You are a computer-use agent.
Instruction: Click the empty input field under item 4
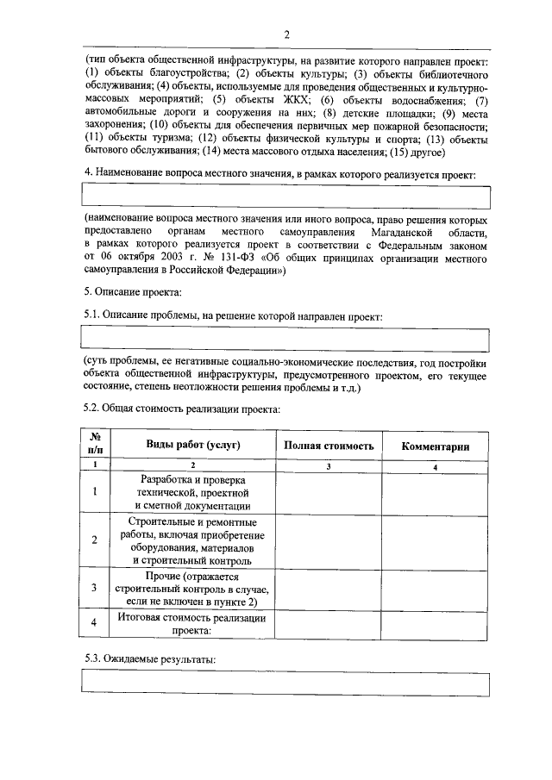(285, 197)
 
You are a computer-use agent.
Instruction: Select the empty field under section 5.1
(285, 338)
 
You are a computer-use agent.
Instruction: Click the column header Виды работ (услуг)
(191, 445)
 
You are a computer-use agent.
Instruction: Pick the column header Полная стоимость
(329, 446)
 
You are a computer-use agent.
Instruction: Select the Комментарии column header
(436, 446)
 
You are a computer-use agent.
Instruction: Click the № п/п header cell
(95, 445)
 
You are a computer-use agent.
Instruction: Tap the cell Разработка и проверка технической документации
(191, 492)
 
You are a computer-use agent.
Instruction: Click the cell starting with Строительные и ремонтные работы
(191, 541)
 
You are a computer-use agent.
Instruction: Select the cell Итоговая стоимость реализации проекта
(191, 624)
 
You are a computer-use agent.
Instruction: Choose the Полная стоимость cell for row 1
(329, 492)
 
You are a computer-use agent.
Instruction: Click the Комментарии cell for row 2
(436, 541)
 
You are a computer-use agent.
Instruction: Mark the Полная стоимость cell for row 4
(329, 624)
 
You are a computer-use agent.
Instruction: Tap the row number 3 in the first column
(95, 589)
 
